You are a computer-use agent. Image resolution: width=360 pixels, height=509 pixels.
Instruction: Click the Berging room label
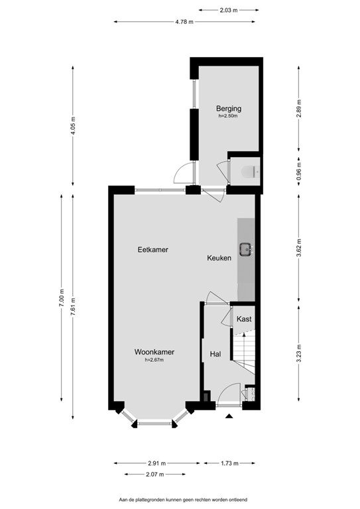point(228,108)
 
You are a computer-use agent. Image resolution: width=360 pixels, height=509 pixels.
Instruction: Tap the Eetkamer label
point(152,250)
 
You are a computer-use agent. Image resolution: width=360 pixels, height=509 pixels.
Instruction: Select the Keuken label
point(219,258)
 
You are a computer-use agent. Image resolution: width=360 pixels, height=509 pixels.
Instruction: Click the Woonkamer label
point(154,352)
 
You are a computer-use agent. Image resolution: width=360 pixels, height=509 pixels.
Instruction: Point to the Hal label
point(215,355)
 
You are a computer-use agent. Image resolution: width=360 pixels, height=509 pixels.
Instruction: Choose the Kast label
point(244,319)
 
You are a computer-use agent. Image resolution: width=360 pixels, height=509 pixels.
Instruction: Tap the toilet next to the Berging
point(247,172)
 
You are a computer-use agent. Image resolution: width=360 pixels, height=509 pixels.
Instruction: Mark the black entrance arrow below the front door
point(229,416)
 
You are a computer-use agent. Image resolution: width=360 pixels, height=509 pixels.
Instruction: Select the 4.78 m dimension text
point(184,22)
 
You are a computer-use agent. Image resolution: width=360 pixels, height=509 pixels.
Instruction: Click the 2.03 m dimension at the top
point(228,10)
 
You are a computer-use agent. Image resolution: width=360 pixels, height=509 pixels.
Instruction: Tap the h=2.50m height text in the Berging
point(228,116)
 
